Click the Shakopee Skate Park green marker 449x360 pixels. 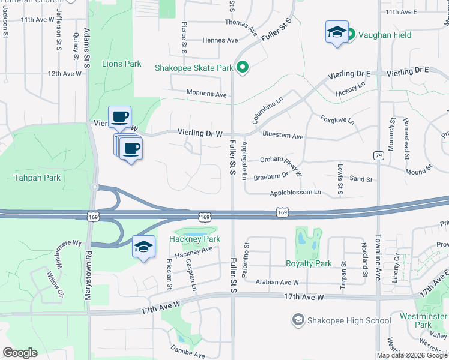click(x=243, y=67)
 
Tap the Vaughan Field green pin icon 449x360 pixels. click(x=352, y=35)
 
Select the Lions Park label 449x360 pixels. click(x=121, y=64)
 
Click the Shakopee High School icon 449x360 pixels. click(x=297, y=320)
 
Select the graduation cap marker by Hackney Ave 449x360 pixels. click(x=144, y=247)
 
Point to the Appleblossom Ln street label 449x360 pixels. click(x=295, y=193)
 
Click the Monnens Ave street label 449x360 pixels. click(x=207, y=95)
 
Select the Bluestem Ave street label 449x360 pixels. click(x=283, y=136)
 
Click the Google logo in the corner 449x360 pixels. click(x=20, y=353)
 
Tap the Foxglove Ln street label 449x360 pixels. click(x=337, y=119)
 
